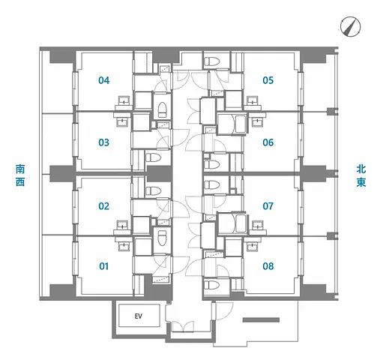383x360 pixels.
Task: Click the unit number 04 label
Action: click(103, 80)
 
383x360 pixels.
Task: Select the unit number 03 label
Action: click(103, 142)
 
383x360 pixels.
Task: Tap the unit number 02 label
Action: click(103, 206)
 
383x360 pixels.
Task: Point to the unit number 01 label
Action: click(103, 265)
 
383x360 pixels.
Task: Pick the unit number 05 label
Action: click(268, 80)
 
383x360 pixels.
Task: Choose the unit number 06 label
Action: click(268, 142)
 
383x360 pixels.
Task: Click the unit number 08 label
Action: click(268, 265)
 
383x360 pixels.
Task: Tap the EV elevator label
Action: click(138, 316)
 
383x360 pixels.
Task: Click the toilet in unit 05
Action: click(212, 62)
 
